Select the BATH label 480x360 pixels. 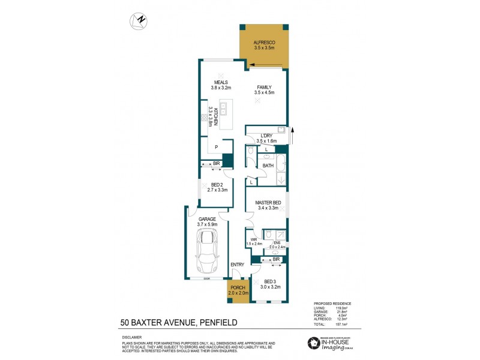[268, 166]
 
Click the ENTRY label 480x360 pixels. [237, 265]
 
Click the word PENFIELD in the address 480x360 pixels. [218, 323]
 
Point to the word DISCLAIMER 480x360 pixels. [131, 338]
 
